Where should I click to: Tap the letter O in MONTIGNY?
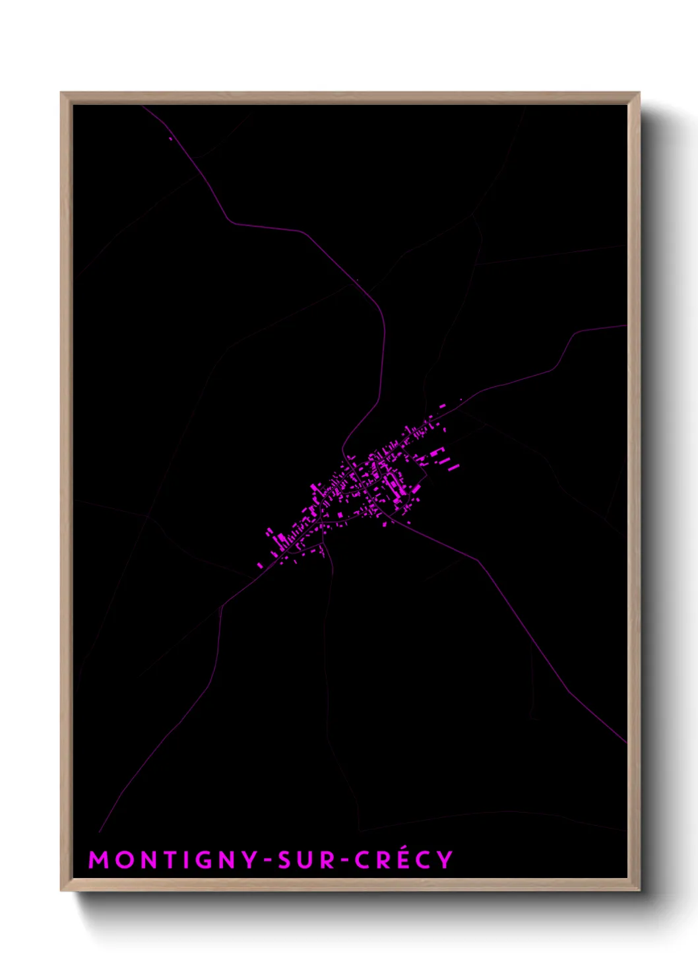pos(125,859)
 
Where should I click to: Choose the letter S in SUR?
pos(285,859)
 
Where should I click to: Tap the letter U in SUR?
pos(307,859)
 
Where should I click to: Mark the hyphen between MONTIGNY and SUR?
pos(266,860)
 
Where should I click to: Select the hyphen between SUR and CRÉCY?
pos(342,860)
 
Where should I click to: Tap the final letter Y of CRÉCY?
pos(445,859)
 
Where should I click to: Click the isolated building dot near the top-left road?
pos(170,139)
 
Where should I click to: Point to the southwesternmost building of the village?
pos(259,565)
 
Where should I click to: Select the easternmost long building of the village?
pos(454,467)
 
